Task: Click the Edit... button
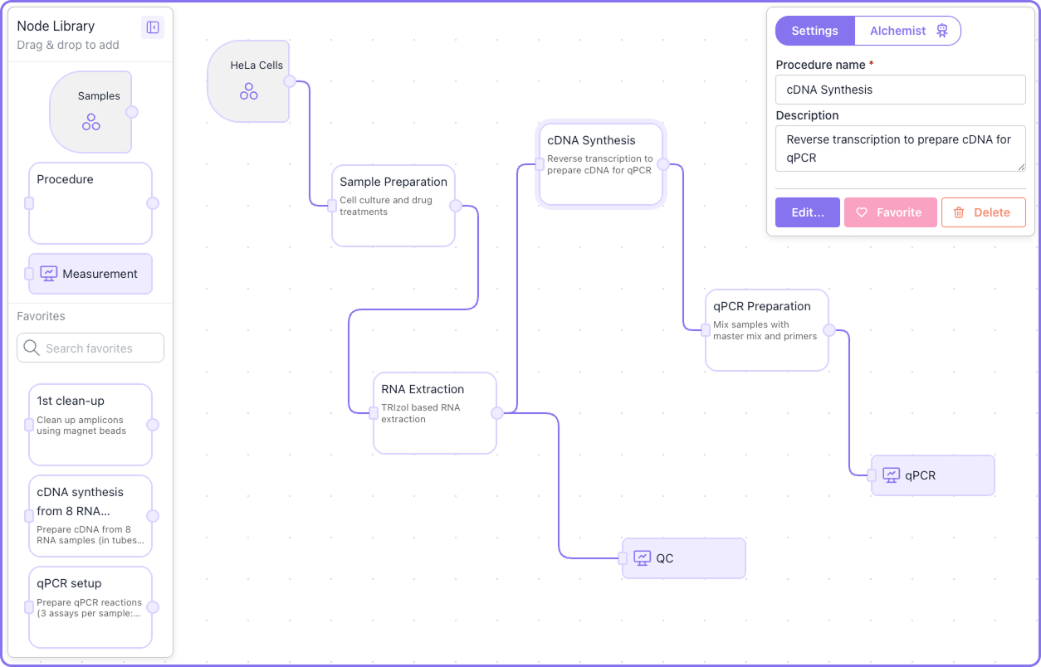point(807,212)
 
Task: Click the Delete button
point(983,212)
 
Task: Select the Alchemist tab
point(907,31)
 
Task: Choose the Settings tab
point(814,31)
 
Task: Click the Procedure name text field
point(900,90)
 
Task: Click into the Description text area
point(900,148)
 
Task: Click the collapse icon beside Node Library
point(153,27)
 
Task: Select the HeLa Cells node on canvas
point(248,81)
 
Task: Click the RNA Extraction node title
point(423,389)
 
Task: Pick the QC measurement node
point(684,558)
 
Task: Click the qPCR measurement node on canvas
point(932,475)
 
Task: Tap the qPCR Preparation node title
point(761,306)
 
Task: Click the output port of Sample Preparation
point(455,206)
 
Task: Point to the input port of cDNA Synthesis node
point(540,164)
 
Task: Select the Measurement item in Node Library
point(90,274)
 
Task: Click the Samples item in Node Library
point(90,112)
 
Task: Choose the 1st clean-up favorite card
point(90,424)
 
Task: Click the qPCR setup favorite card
point(90,606)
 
